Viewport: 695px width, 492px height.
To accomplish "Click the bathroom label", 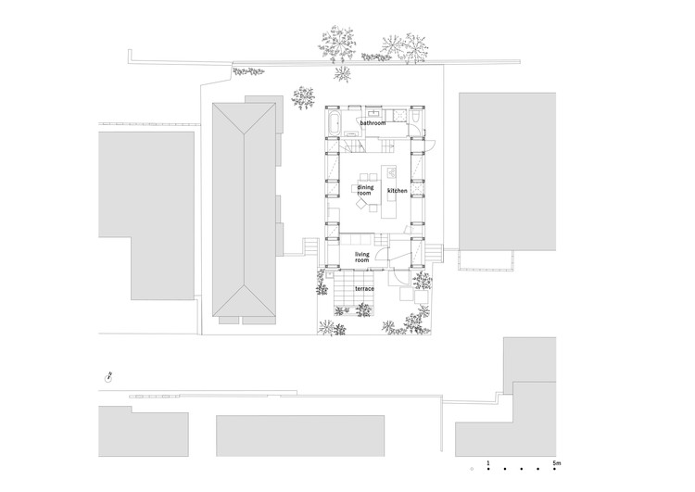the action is (x=373, y=123).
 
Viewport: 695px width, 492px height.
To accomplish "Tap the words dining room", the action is (x=365, y=190).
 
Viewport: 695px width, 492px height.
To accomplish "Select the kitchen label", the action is (x=398, y=191).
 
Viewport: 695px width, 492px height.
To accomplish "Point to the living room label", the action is (x=361, y=257).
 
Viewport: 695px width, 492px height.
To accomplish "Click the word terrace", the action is (x=364, y=289).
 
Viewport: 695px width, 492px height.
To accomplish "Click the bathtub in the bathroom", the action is (x=335, y=123).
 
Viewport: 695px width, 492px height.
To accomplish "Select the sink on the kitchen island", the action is (x=392, y=171).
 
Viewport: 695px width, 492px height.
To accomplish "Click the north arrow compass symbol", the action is (x=107, y=378).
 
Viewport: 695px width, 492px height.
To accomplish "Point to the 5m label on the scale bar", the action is (x=557, y=463).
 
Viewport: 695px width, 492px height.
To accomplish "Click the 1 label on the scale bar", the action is (x=488, y=463).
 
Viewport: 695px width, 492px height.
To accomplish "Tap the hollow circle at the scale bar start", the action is (x=472, y=469).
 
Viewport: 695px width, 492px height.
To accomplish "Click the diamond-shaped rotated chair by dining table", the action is (x=360, y=204).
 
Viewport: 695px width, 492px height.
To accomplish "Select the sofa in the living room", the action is (x=357, y=240).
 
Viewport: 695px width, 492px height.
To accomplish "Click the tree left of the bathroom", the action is (x=304, y=98).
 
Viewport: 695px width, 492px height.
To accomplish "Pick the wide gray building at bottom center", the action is (x=300, y=435).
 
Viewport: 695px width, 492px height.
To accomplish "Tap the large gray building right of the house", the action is (x=507, y=171).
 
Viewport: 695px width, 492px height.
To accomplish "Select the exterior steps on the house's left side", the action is (x=310, y=246).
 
